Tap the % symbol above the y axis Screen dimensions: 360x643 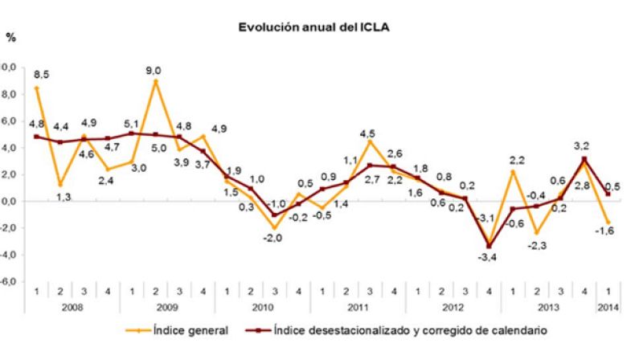point(10,37)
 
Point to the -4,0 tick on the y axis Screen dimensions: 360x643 point(10,256)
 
